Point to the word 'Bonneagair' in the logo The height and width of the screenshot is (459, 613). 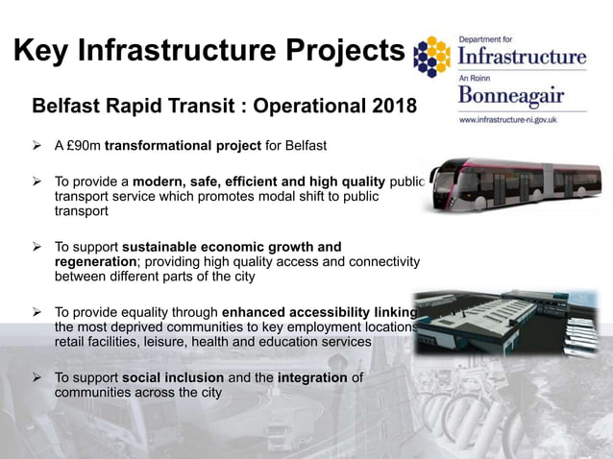coord(510,97)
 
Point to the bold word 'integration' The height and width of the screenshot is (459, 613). coord(312,377)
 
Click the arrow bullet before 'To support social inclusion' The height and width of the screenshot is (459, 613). coord(37,377)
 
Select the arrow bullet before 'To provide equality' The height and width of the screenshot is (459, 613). coord(37,312)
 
